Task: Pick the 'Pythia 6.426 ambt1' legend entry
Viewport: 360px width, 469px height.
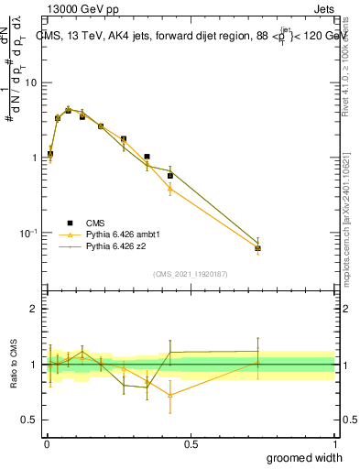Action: coord(124,234)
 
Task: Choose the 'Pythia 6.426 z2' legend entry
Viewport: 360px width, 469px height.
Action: coord(117,246)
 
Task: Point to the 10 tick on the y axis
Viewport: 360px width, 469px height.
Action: coord(31,82)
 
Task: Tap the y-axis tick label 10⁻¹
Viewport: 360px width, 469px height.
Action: coord(27,233)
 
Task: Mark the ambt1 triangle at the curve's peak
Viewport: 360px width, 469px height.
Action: coord(68,109)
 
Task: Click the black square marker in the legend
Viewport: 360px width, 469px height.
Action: coord(70,222)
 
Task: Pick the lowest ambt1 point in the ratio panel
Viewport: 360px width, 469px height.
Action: coord(170,395)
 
